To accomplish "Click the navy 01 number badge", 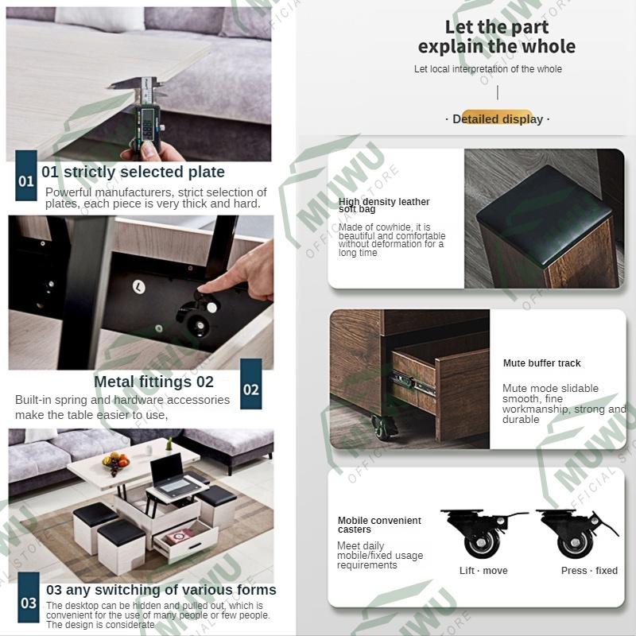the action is coord(26,175).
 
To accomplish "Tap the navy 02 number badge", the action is coord(250,384).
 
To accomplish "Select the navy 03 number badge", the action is coord(29,598).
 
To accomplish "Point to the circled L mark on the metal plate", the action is coord(138,287).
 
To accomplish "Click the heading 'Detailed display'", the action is coord(498,119).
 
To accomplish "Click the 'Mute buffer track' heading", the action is coord(541,363).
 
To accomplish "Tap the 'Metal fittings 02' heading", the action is coord(153,382).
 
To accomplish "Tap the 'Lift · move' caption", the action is coord(483,571).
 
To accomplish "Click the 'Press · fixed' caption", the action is coord(589,571).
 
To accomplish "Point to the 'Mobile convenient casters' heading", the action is coord(379,525).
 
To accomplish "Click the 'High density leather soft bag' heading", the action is coord(384,205).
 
